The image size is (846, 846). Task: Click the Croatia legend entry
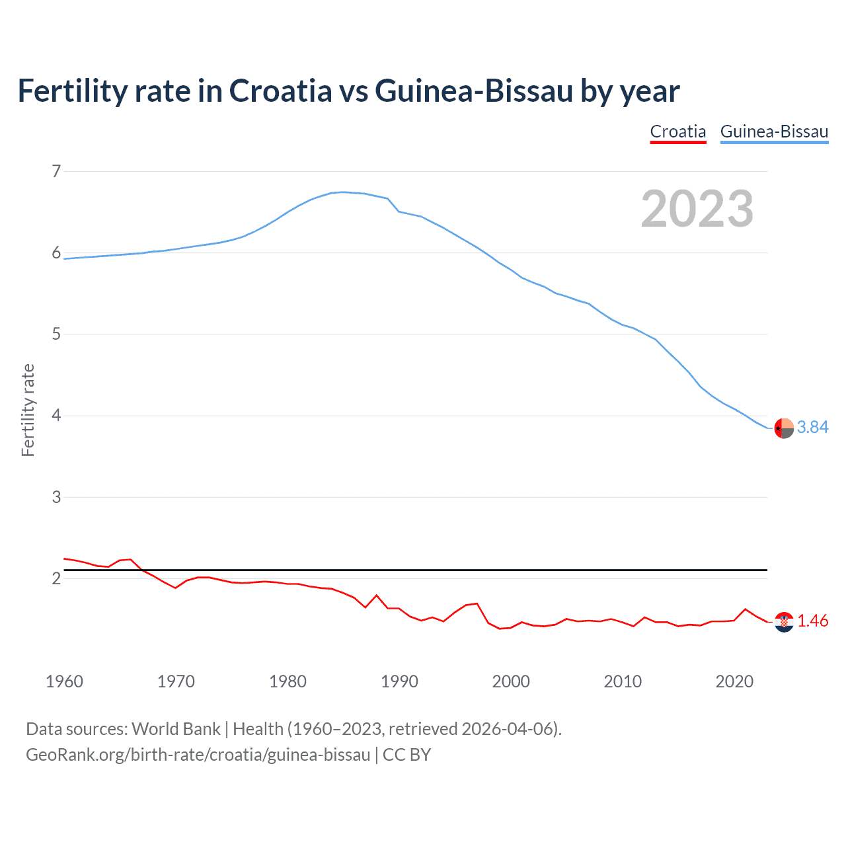tap(678, 132)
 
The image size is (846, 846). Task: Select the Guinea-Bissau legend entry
tap(774, 132)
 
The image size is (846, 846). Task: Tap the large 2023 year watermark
tap(697, 209)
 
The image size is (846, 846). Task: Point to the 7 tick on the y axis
tap(56, 172)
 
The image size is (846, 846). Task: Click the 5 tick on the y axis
tap(56, 334)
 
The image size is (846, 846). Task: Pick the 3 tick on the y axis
tap(56, 497)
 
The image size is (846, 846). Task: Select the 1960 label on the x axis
tap(64, 681)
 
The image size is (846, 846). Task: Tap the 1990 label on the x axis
tap(399, 681)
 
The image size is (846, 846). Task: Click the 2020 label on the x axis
tap(734, 681)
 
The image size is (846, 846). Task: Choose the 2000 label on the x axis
tap(511, 681)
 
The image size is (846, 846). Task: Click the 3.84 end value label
tap(812, 428)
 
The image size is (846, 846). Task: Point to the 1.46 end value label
tap(812, 621)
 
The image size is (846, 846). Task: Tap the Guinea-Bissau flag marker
tap(784, 428)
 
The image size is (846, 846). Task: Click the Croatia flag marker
tap(784, 622)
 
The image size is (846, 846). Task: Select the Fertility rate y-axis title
tap(28, 410)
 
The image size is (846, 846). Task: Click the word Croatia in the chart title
tap(280, 91)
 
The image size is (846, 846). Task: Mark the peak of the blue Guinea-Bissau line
tap(342, 192)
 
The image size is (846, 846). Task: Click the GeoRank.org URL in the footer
tap(198, 755)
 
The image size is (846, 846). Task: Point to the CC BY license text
tap(407, 755)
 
